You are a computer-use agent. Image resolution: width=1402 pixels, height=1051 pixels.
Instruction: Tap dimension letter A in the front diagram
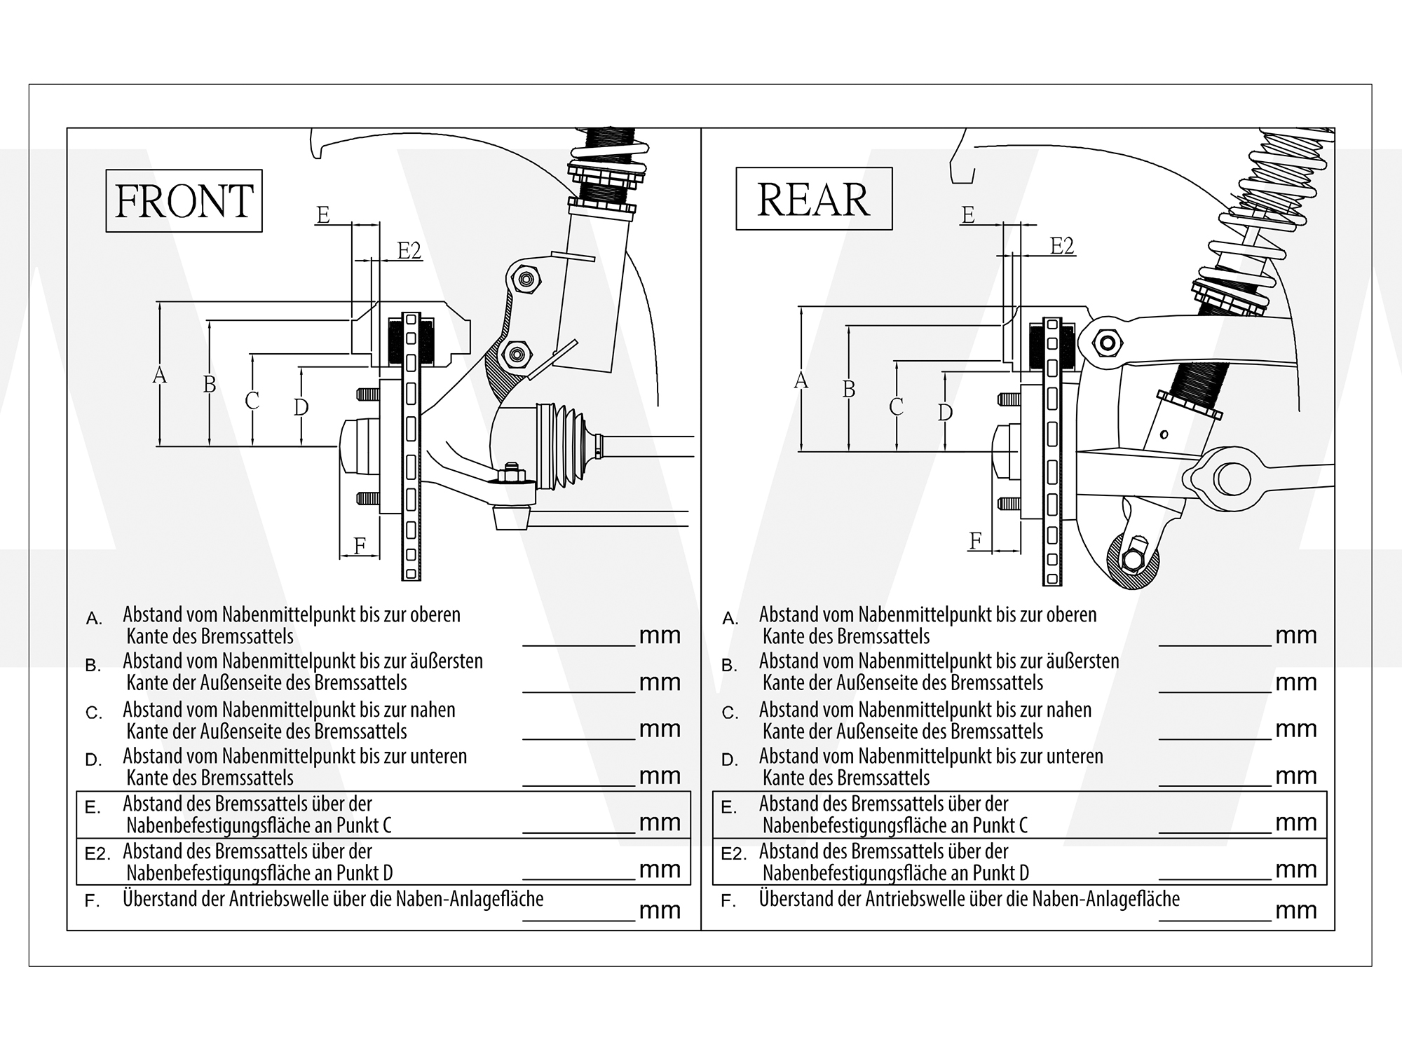point(160,376)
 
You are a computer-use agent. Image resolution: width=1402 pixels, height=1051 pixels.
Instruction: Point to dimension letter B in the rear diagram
point(849,389)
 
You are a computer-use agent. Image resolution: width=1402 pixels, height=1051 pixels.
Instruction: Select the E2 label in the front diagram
point(409,250)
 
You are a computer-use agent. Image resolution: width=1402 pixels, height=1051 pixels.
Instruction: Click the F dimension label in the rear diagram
point(975,540)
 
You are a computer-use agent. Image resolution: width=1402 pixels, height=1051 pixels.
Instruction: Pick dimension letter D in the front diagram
point(301,406)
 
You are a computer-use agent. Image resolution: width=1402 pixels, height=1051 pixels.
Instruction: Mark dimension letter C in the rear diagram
point(896,406)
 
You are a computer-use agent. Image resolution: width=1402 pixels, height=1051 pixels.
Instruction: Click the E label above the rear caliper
point(968,214)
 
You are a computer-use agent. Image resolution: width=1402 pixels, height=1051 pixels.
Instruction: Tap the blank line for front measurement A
point(579,645)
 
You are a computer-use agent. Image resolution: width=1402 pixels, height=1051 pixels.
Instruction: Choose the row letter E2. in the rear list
point(734,854)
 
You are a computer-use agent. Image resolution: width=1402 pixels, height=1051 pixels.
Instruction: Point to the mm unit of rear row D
point(1296,776)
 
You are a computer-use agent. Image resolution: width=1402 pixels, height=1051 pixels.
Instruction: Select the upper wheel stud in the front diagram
point(368,394)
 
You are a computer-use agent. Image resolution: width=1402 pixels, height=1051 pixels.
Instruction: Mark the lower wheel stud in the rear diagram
point(1009,503)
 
